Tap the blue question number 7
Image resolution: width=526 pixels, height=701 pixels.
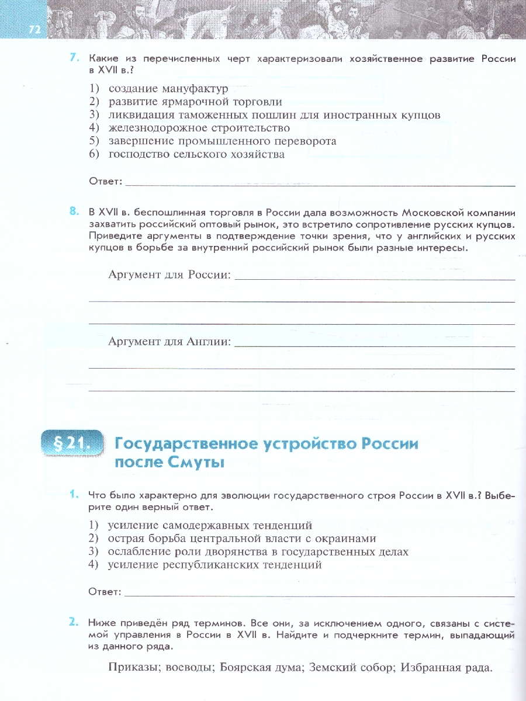pos(74,57)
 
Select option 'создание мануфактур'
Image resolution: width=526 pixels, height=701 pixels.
pos(168,88)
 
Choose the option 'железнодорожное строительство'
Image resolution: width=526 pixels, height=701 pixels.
pos(199,128)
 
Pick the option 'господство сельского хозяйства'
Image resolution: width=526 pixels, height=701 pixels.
pos(196,154)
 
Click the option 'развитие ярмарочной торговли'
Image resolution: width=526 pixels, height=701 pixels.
pos(195,102)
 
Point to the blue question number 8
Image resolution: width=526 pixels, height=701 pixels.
pos(74,211)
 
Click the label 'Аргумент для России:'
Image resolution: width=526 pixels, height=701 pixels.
pos(169,275)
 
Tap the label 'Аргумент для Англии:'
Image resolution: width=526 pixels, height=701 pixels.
pos(169,342)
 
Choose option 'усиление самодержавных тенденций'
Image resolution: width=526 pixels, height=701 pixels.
pos(210,525)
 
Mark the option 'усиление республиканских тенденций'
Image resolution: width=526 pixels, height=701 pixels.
pos(214,565)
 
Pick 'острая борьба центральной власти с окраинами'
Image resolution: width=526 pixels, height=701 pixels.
pos(241,539)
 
